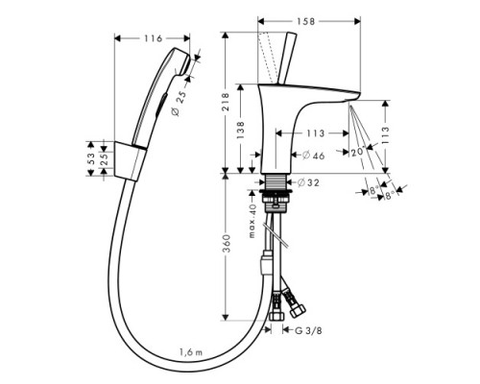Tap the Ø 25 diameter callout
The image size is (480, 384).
click(204, 94)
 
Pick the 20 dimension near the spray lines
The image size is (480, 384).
click(357, 149)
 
